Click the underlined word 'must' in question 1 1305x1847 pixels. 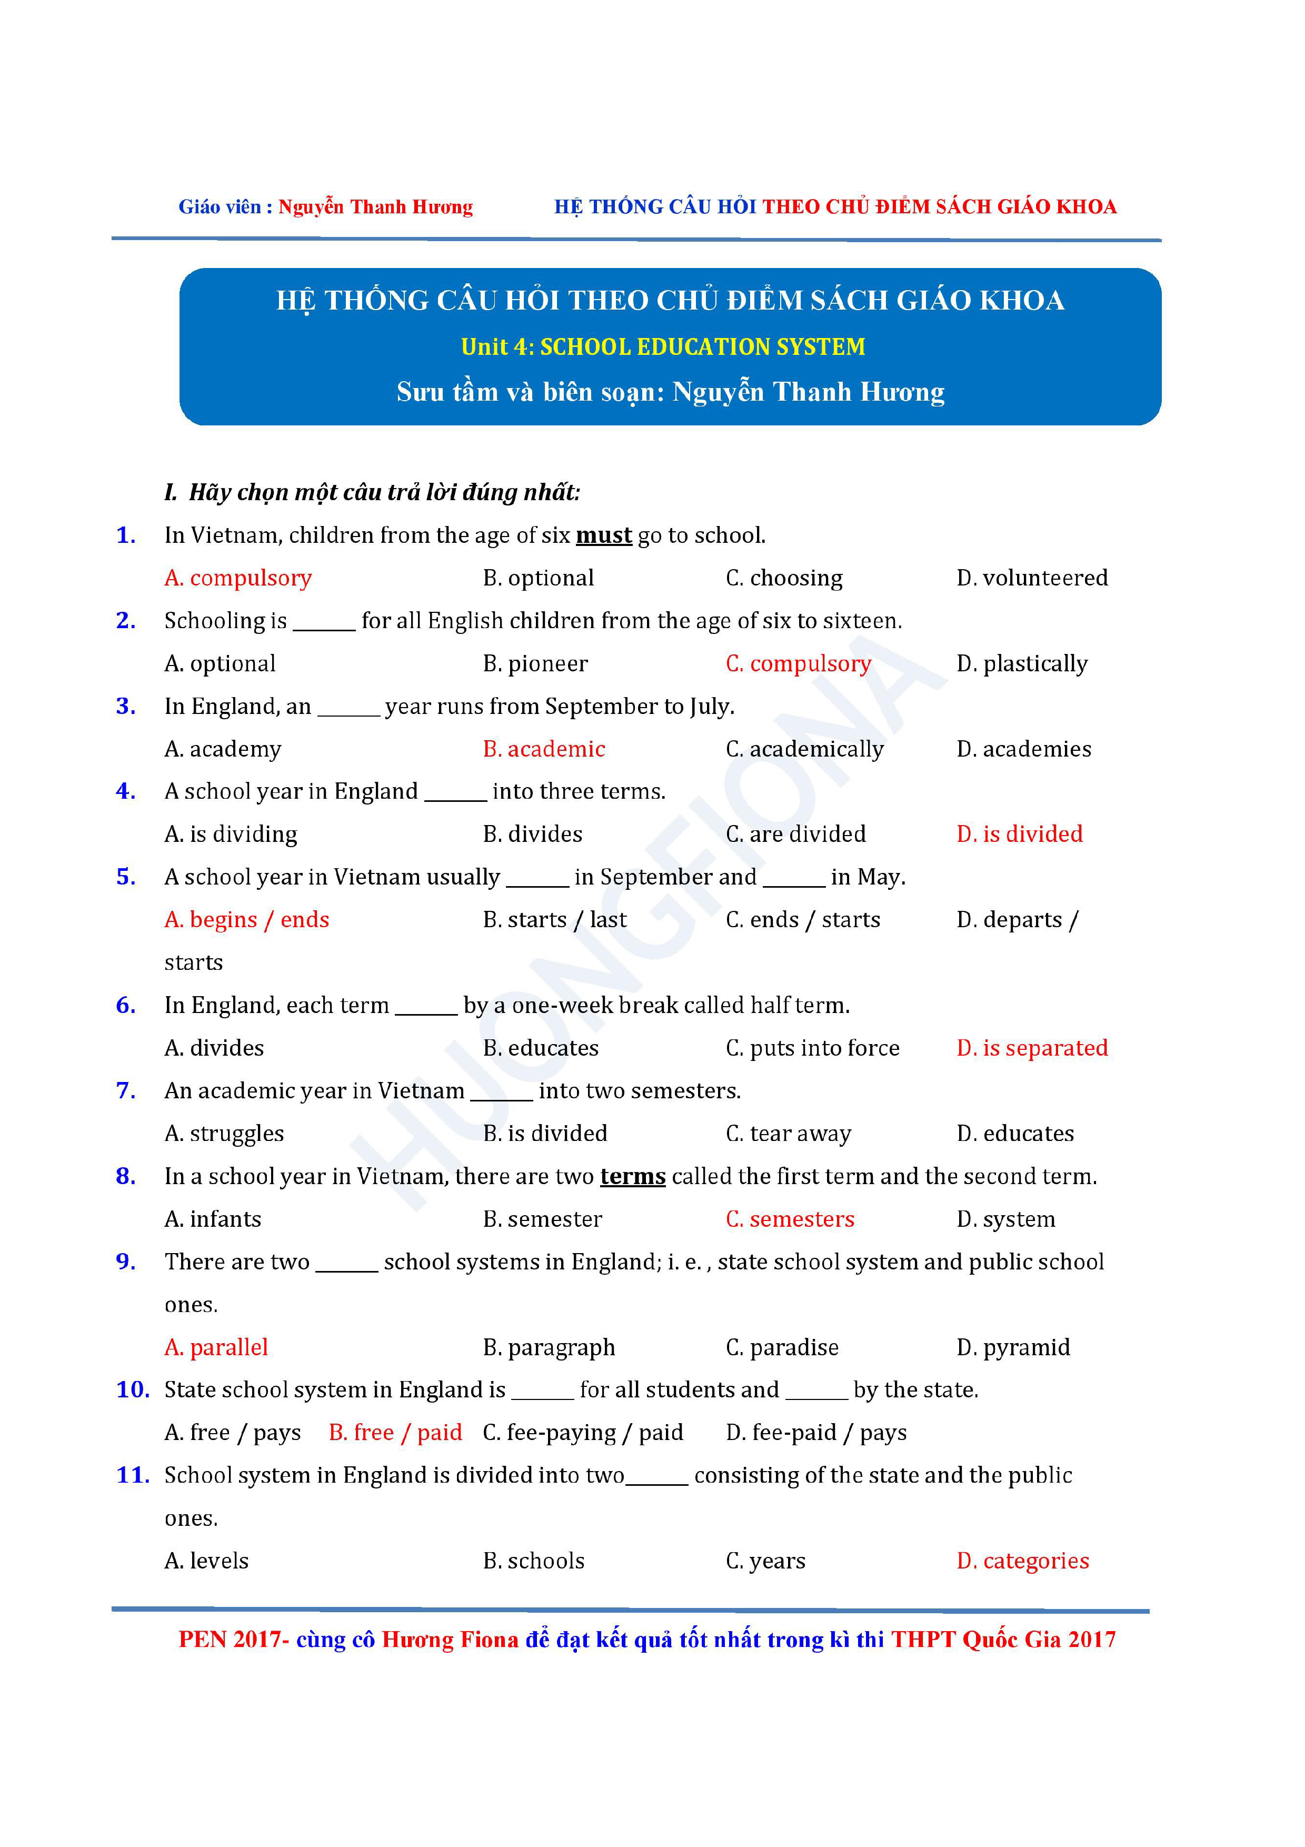click(x=603, y=535)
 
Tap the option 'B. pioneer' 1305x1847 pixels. click(x=535, y=663)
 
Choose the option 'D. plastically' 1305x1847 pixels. click(x=1021, y=663)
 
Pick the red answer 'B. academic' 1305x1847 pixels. click(x=544, y=749)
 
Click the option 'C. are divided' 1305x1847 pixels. click(x=795, y=834)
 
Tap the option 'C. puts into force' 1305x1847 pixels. click(x=812, y=1048)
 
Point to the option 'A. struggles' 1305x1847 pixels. click(x=224, y=1134)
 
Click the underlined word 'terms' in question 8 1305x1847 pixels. click(x=632, y=1176)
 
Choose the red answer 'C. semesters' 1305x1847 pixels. click(x=790, y=1219)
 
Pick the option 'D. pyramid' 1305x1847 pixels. click(x=1013, y=1347)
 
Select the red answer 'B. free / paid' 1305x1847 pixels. click(x=395, y=1433)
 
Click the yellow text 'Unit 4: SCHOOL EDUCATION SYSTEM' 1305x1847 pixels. click(x=663, y=347)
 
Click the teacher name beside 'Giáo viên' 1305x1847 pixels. click(x=375, y=207)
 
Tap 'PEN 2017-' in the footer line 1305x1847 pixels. click(x=233, y=1640)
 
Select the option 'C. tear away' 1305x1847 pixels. click(x=788, y=1134)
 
